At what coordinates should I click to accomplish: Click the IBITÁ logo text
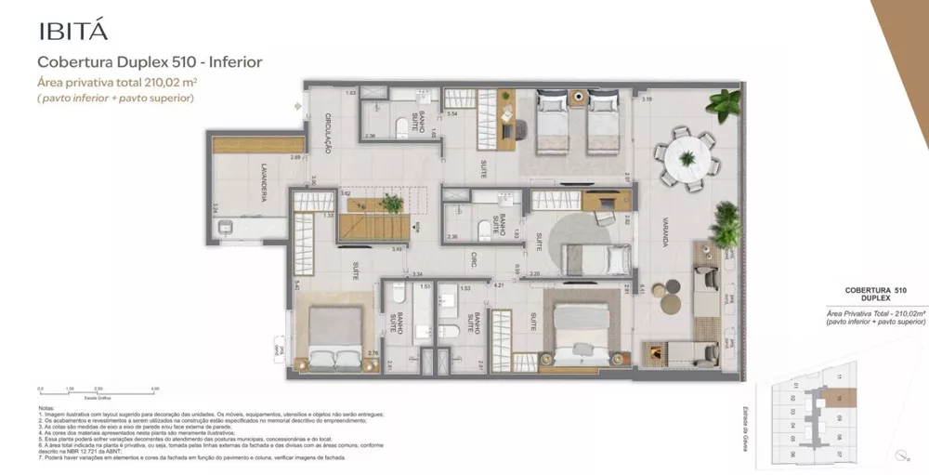point(73,29)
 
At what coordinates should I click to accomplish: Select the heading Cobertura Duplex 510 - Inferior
point(149,62)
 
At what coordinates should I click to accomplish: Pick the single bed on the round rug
point(587,256)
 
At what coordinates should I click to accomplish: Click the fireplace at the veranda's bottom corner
point(660,353)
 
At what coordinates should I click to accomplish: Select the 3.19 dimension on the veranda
point(647,99)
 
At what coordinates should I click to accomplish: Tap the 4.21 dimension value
point(498,284)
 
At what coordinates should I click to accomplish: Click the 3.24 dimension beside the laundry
point(216,209)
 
